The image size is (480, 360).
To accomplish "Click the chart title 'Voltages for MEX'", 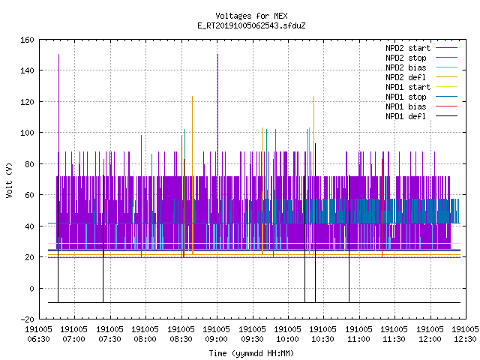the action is pyautogui.click(x=251, y=16).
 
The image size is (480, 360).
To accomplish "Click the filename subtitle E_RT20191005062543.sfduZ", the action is pyautogui.click(x=251, y=25).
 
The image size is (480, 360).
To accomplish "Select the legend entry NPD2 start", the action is pyautogui.click(x=408, y=48).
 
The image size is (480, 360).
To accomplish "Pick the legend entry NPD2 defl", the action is pyautogui.click(x=406, y=77).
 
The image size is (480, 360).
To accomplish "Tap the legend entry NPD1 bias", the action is pyautogui.click(x=406, y=106).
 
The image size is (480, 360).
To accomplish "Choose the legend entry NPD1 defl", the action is pyautogui.click(x=406, y=117).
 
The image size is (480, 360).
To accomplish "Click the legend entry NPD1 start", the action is pyautogui.click(x=408, y=87).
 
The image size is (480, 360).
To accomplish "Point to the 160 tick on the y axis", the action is pyautogui.click(x=27, y=40).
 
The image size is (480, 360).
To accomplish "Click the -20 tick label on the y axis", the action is pyautogui.click(x=27, y=319).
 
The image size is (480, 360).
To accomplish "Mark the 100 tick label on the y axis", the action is pyautogui.click(x=27, y=133).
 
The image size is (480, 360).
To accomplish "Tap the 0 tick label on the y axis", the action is pyautogui.click(x=31, y=288).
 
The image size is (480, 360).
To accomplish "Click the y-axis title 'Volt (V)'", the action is pyautogui.click(x=10, y=180).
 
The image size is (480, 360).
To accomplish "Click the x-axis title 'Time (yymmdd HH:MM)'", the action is pyautogui.click(x=251, y=353).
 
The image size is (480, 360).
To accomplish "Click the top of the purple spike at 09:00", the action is pyautogui.click(x=217, y=55).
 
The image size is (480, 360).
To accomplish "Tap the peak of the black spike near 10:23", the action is pyautogui.click(x=315, y=143).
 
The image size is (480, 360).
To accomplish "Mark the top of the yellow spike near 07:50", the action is pyautogui.click(x=133, y=171).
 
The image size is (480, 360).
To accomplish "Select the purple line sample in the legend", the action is pyautogui.click(x=447, y=48).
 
